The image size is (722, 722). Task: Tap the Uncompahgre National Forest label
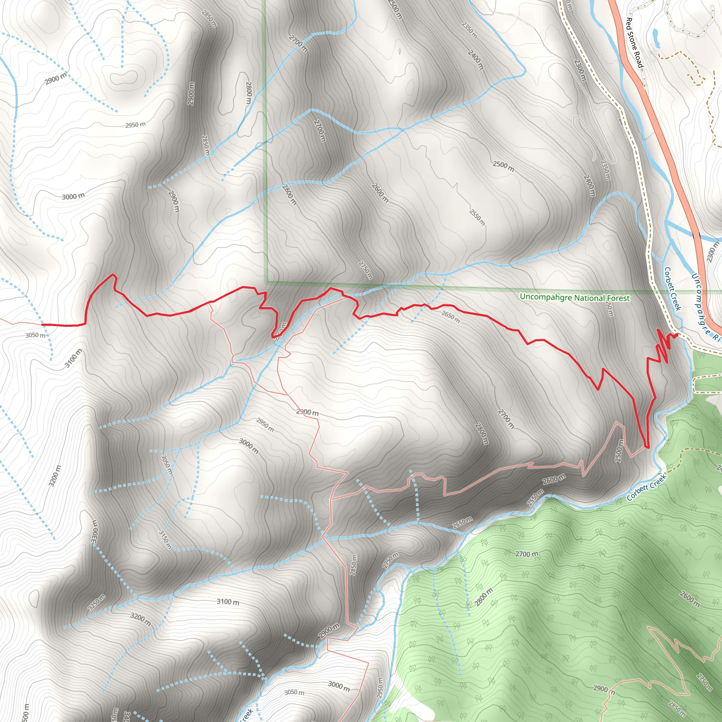(x=575, y=298)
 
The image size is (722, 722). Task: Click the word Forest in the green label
(x=618, y=298)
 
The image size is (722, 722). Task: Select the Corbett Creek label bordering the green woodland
(x=647, y=487)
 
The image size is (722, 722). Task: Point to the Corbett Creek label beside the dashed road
(x=672, y=288)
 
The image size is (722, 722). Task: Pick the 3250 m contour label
(x=96, y=602)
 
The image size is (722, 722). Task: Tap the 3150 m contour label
(x=165, y=540)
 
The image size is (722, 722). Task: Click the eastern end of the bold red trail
(x=677, y=335)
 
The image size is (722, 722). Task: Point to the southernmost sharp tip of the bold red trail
(x=647, y=447)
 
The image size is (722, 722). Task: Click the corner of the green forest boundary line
(x=267, y=282)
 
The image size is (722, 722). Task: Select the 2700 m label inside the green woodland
(x=527, y=554)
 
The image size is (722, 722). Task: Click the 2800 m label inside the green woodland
(x=484, y=597)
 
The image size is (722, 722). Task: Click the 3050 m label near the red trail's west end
(x=36, y=335)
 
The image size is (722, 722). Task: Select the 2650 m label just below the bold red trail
(x=451, y=317)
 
